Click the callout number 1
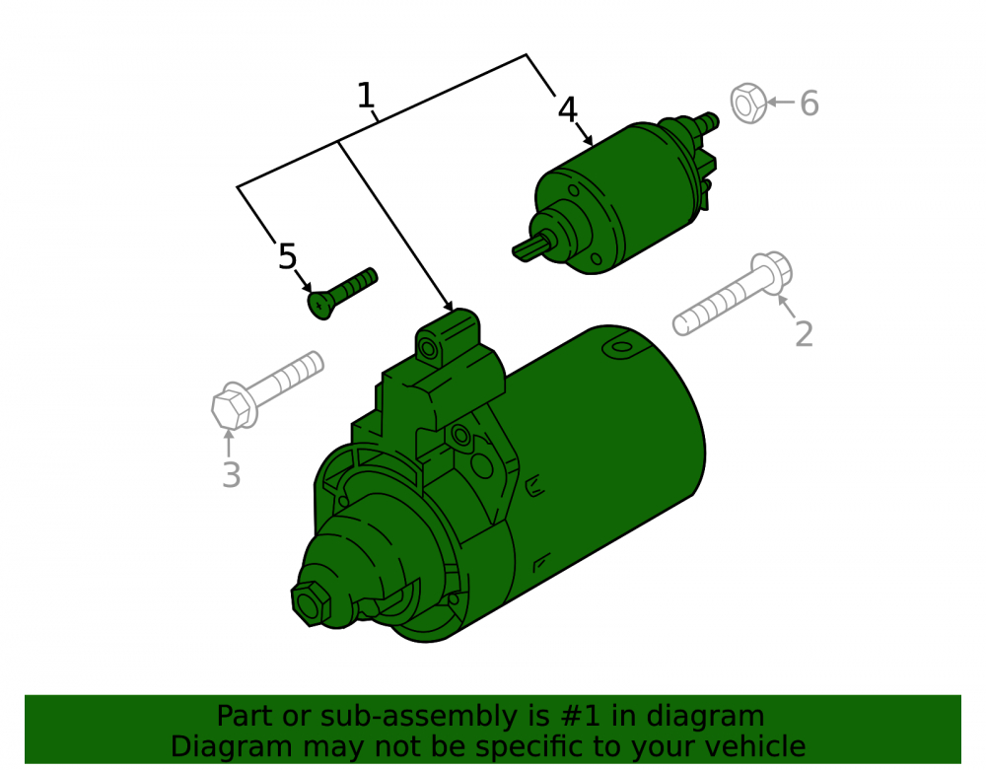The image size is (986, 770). pyautogui.click(x=366, y=96)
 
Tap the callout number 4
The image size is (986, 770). pyautogui.click(x=567, y=109)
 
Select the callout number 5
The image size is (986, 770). pyautogui.click(x=287, y=256)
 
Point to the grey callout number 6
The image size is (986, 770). pyautogui.click(x=810, y=104)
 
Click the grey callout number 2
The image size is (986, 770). pyautogui.click(x=804, y=333)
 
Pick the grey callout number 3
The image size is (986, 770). pyautogui.click(x=232, y=475)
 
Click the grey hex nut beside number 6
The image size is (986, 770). pyautogui.click(x=748, y=104)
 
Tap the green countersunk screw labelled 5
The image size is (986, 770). pyautogui.click(x=342, y=293)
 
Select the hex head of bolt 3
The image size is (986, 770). pyautogui.click(x=231, y=408)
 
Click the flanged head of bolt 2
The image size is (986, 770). pyautogui.click(x=772, y=272)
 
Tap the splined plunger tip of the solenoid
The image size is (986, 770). pyautogui.click(x=528, y=249)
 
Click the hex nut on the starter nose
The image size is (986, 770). pyautogui.click(x=311, y=603)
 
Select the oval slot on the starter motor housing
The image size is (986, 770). pyautogui.click(x=621, y=347)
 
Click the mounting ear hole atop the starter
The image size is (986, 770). pyautogui.click(x=429, y=348)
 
